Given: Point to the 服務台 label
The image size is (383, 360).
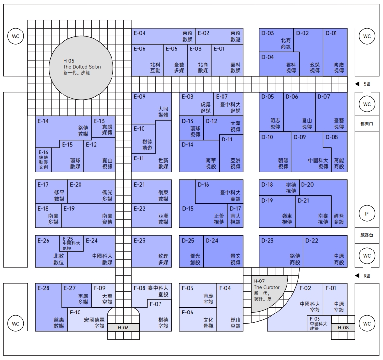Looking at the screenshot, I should (367, 235).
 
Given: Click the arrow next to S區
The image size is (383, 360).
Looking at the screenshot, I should (357, 84).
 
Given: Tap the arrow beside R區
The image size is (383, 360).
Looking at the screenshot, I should (357, 276).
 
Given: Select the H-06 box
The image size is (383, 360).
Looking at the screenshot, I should (124, 328).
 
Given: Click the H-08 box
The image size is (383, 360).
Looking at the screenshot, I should (343, 328).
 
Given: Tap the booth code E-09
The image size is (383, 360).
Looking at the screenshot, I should (140, 97).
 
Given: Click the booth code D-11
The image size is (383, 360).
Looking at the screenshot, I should (227, 140).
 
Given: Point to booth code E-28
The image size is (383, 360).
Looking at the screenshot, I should (44, 288).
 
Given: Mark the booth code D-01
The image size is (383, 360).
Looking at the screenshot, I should (332, 33).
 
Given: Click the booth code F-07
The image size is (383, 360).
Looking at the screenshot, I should (156, 304).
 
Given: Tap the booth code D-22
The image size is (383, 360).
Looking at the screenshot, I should (312, 240).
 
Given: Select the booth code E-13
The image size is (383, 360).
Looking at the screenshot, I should (99, 121).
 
